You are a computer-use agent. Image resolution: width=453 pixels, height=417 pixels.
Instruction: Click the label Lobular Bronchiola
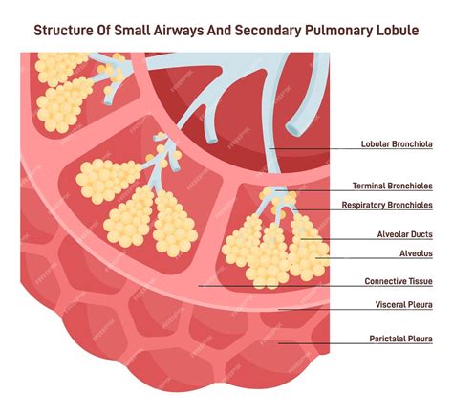397,144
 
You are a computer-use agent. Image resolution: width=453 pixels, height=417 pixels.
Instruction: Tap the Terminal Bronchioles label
393,186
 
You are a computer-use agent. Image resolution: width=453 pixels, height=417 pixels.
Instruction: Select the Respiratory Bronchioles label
387,205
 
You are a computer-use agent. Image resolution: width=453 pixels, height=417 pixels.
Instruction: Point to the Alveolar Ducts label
405,234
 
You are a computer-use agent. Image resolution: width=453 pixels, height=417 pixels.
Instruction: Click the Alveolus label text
416,253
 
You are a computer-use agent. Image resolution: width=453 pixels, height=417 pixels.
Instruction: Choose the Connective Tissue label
399,281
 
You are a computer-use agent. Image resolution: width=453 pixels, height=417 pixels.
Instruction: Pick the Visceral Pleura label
404,305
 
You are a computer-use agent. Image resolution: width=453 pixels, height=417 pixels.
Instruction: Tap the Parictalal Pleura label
401,339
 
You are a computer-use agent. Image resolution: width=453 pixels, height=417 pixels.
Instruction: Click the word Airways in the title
179,32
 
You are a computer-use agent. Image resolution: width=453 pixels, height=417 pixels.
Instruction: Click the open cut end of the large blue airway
295,129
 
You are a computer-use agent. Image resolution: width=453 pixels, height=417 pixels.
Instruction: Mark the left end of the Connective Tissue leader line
199,286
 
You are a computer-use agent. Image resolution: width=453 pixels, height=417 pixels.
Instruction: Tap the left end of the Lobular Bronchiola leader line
270,148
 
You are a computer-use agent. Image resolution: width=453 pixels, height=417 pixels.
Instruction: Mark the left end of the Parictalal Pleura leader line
279,343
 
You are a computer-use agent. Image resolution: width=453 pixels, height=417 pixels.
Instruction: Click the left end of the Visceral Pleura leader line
279,310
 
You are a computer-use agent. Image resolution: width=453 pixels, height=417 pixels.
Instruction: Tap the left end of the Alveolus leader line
316,258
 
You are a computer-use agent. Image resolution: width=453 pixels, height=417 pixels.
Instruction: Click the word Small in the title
132,31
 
